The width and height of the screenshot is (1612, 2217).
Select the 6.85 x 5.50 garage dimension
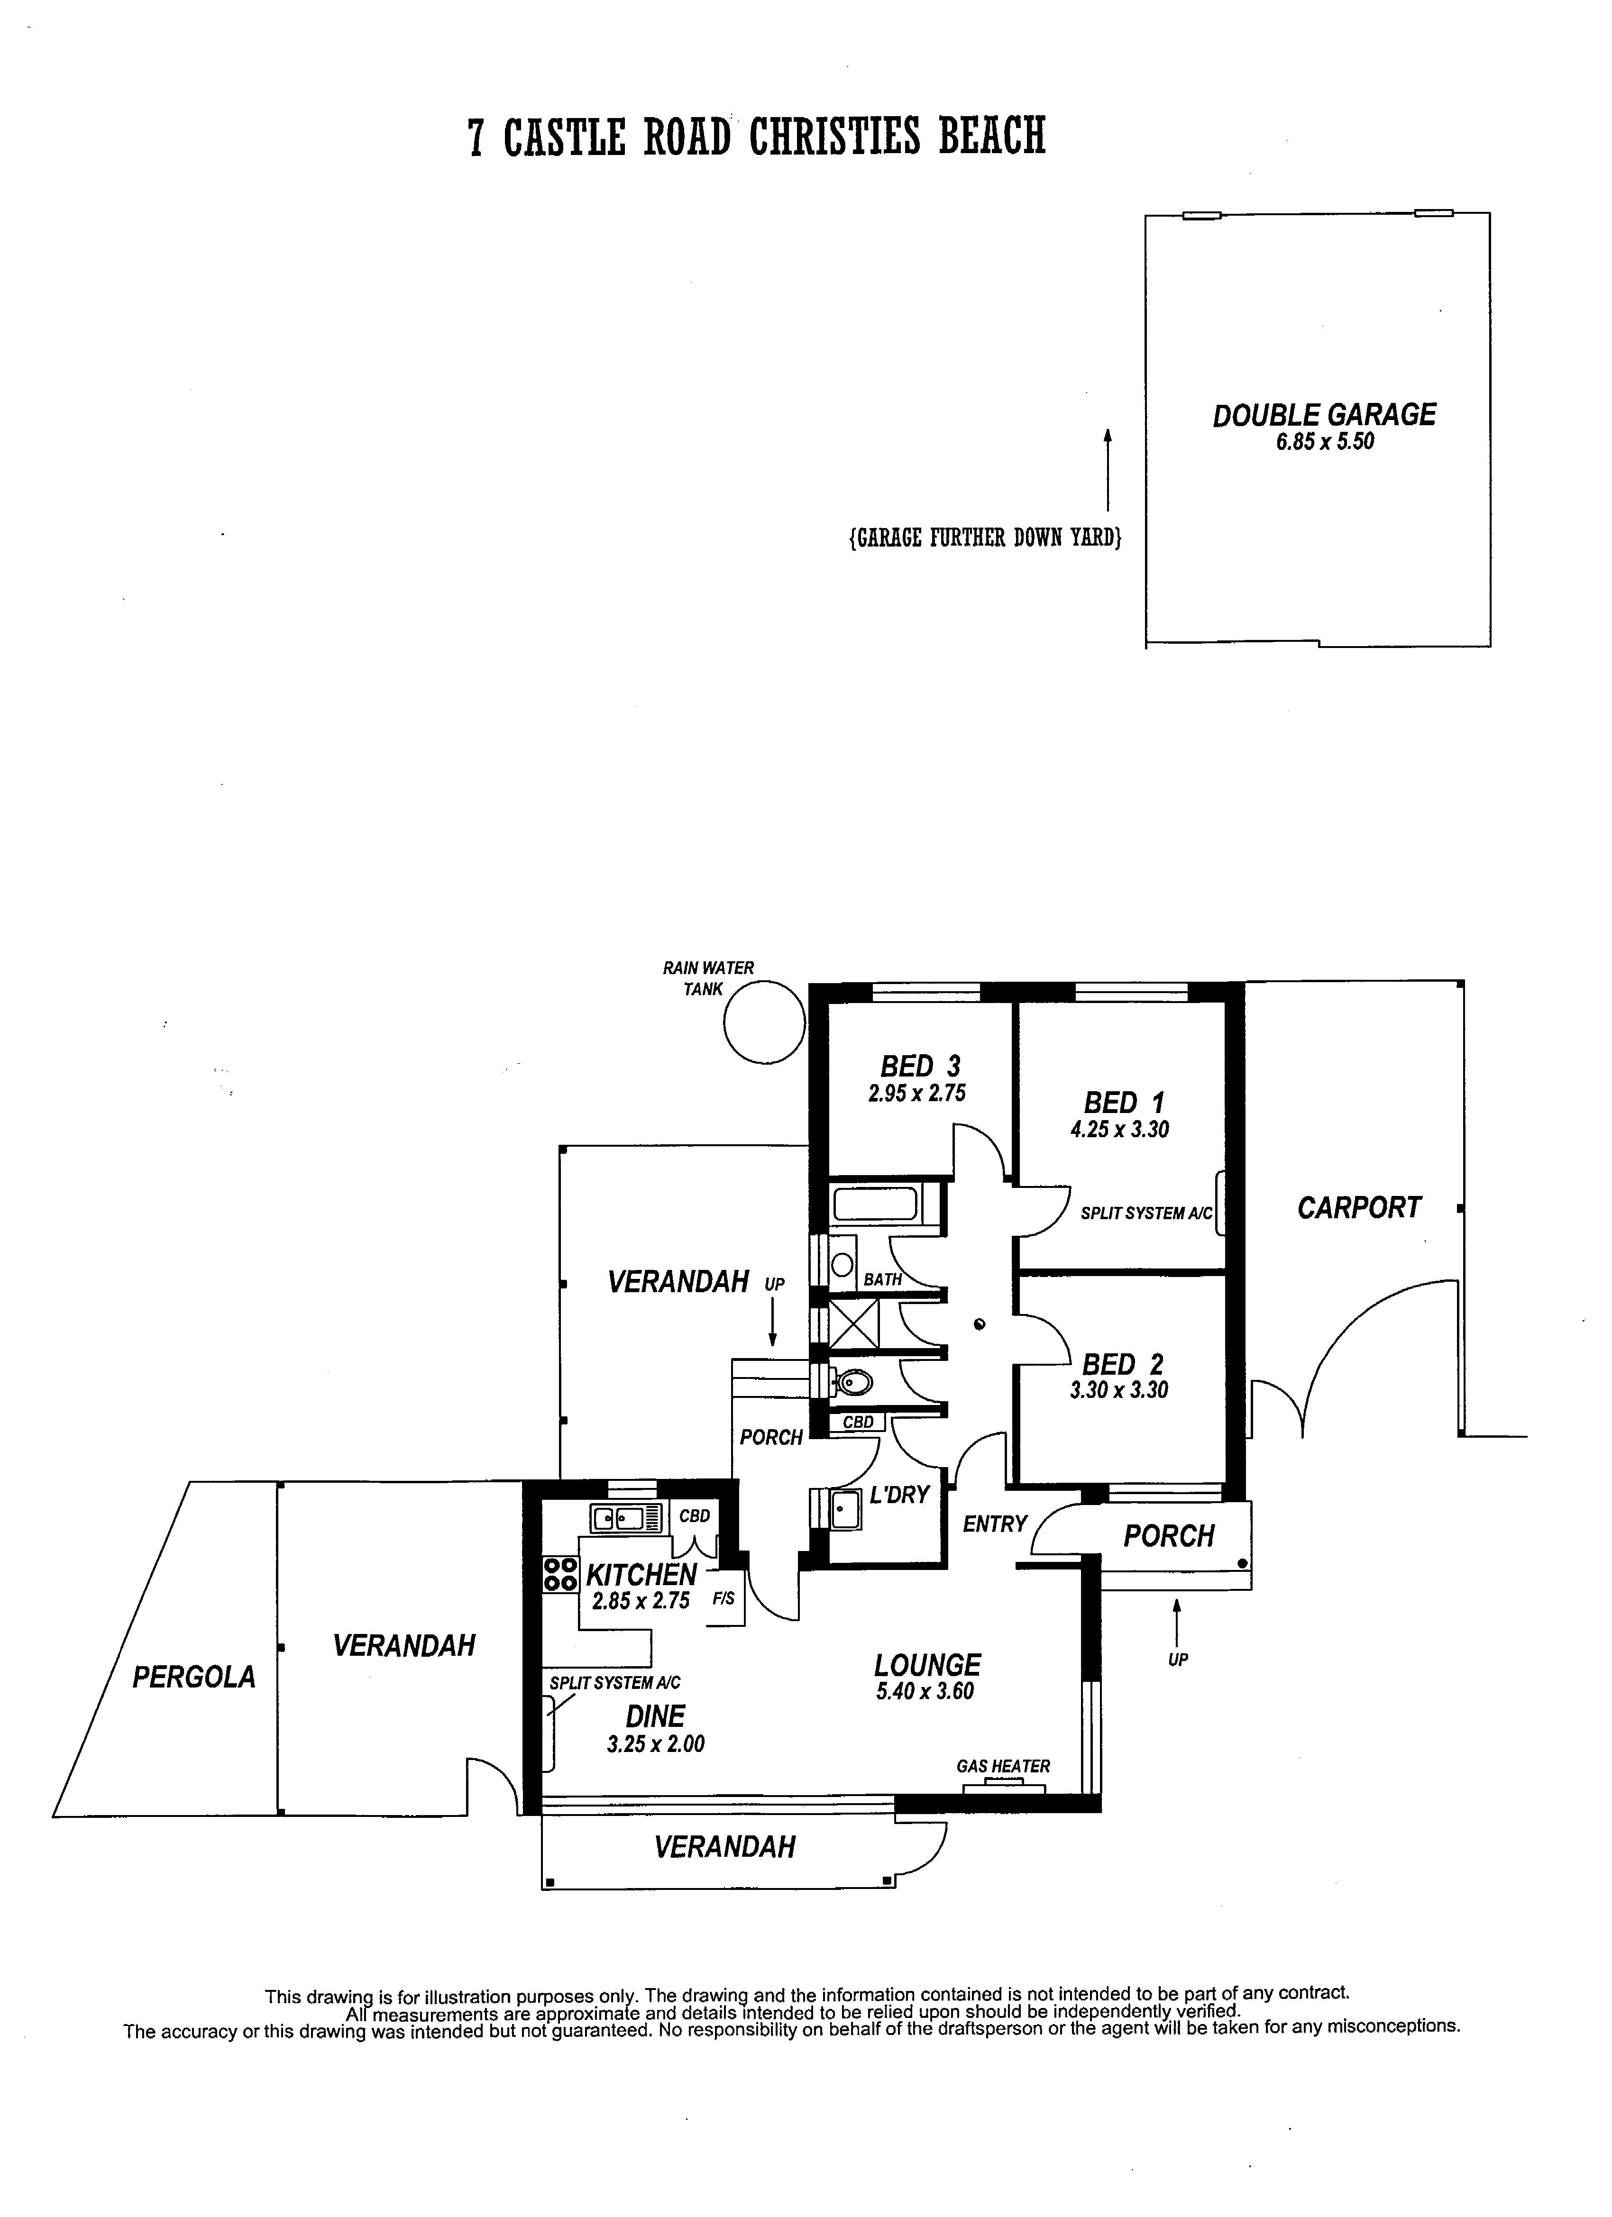[1325, 442]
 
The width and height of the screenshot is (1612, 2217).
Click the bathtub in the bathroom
[875, 1204]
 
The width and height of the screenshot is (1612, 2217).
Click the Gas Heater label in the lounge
[1003, 1766]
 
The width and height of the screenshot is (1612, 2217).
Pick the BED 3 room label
[920, 1066]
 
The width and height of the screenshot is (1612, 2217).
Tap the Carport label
[1359, 1208]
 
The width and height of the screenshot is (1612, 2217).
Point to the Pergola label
[193, 1678]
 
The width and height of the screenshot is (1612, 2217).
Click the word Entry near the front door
[994, 1524]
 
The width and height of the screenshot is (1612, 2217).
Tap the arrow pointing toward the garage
[1108, 469]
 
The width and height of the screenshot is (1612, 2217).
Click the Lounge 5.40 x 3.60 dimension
[925, 1692]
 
